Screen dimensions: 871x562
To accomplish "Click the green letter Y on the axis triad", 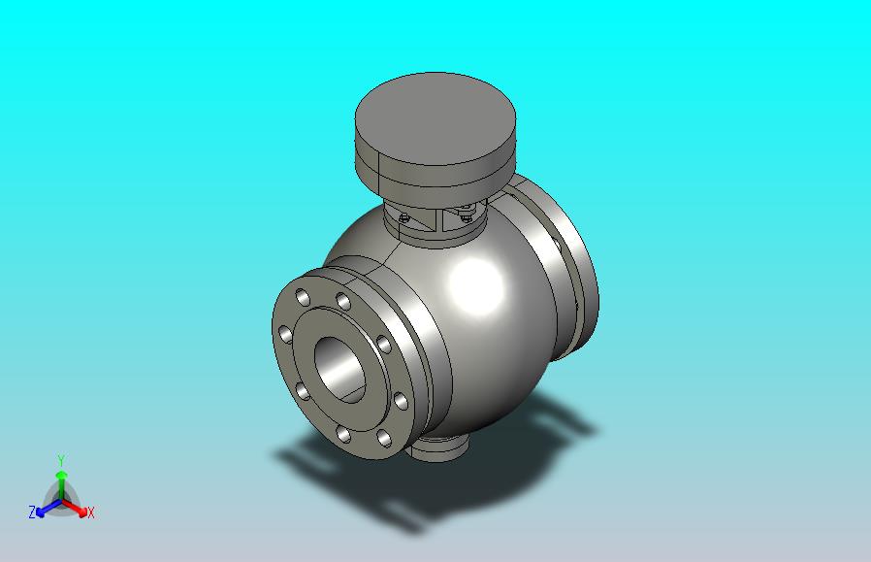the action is click(62, 460).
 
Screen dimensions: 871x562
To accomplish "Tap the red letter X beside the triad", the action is click(90, 512).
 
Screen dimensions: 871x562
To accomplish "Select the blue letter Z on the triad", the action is click(32, 512).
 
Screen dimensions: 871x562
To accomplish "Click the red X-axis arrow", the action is click(75, 508).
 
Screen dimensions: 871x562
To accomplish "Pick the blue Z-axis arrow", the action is click(48, 508).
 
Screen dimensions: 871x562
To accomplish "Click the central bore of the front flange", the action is click(339, 369).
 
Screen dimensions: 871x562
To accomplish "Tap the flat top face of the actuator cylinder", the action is click(435, 118).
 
